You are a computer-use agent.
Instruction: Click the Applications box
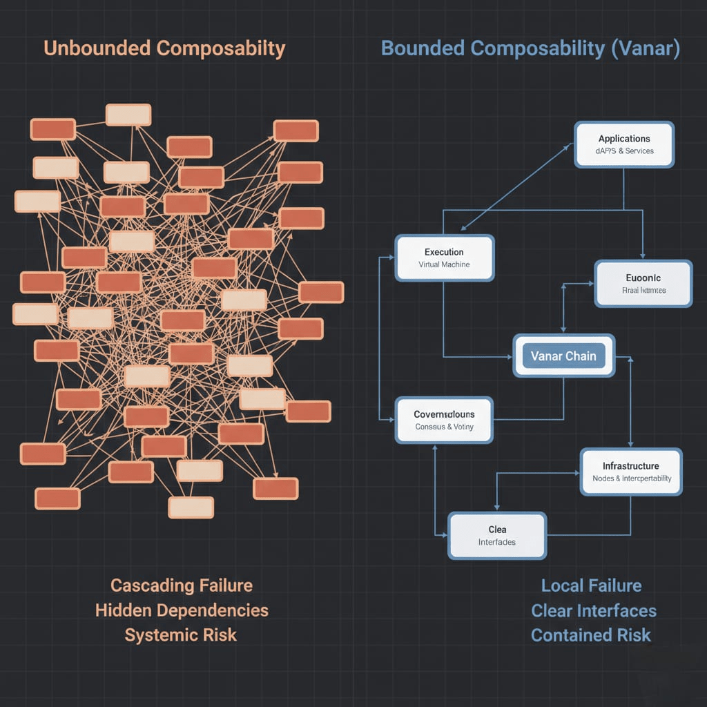click(x=624, y=144)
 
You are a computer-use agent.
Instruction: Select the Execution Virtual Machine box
click(x=444, y=258)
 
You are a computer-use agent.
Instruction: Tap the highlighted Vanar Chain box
click(x=563, y=356)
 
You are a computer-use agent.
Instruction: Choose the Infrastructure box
click(x=631, y=472)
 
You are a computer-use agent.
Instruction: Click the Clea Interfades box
click(x=497, y=535)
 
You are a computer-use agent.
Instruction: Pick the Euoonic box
click(x=643, y=283)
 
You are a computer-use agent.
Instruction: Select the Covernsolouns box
click(x=444, y=420)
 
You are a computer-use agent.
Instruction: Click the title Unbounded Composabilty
click(x=164, y=48)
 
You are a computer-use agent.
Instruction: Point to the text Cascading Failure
click(x=182, y=585)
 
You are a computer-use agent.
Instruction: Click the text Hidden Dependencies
click(x=182, y=610)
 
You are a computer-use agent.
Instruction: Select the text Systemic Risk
click(x=181, y=635)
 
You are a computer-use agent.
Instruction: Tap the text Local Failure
click(x=591, y=585)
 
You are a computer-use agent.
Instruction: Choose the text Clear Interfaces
click(x=594, y=610)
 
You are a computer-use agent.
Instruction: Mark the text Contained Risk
click(x=591, y=635)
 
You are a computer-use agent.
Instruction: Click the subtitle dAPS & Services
click(x=624, y=151)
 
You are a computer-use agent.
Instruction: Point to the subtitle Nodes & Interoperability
click(x=632, y=478)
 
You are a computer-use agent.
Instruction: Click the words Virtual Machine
click(x=444, y=264)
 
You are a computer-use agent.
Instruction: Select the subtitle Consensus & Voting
click(x=444, y=427)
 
